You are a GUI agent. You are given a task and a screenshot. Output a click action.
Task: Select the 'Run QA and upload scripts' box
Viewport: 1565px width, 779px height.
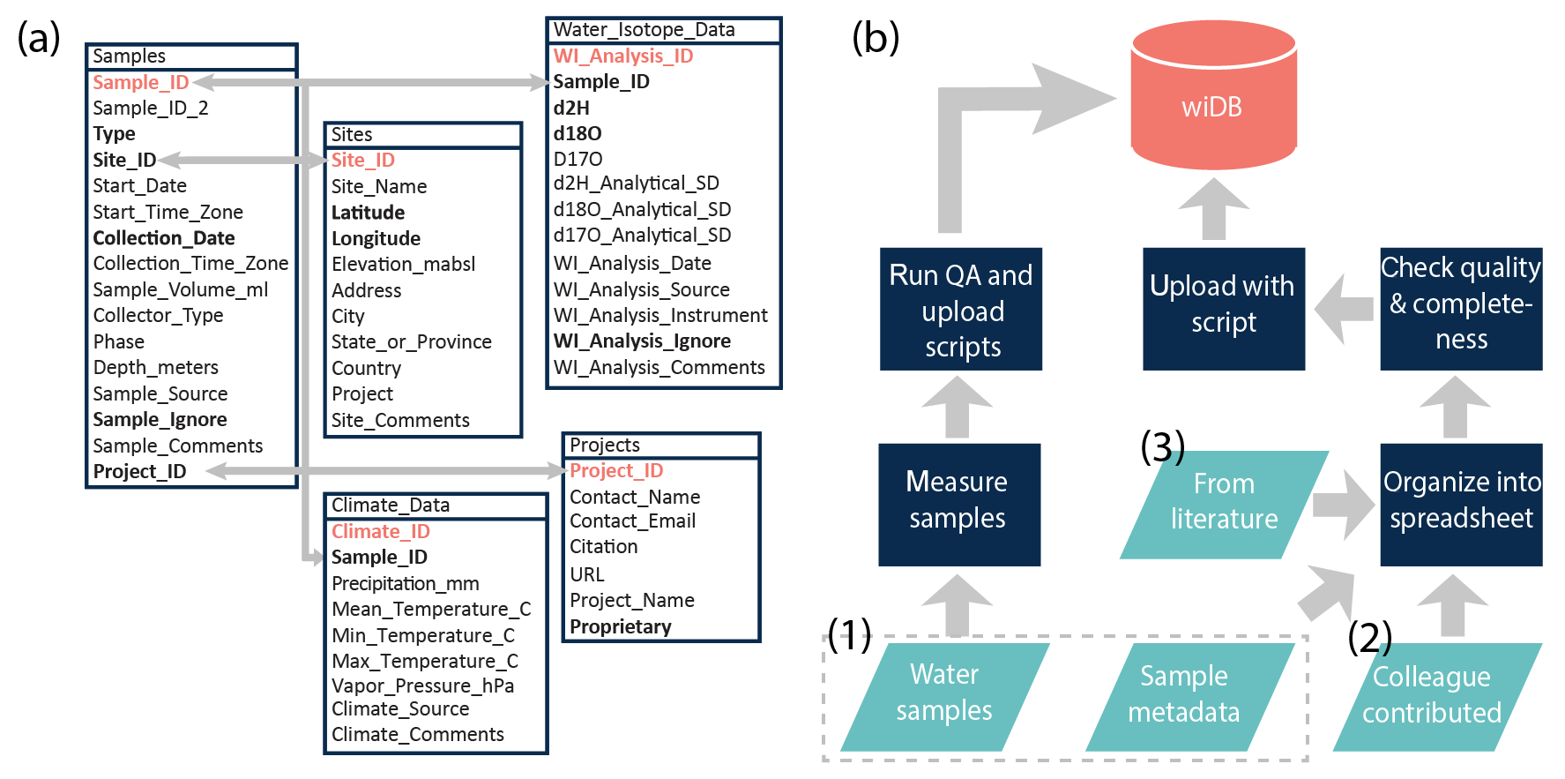pyautogui.click(x=961, y=310)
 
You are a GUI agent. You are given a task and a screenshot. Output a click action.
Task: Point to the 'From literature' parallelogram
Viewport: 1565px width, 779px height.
pyautogui.click(x=1224, y=504)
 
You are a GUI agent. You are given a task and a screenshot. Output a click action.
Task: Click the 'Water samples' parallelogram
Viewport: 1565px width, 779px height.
pyautogui.click(x=944, y=696)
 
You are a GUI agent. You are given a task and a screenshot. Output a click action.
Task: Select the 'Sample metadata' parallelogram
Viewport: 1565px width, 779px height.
pyautogui.click(x=1184, y=696)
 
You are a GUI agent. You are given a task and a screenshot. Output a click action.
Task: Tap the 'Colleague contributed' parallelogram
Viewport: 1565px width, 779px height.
pyautogui.click(x=1432, y=696)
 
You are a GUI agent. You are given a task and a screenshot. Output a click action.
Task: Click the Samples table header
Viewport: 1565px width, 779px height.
pyautogui.click(x=130, y=56)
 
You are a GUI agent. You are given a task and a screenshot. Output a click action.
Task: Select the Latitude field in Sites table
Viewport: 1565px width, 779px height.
pyautogui.click(x=368, y=213)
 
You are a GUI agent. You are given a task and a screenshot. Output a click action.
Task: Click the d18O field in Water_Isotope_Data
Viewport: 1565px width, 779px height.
pyautogui.click(x=578, y=133)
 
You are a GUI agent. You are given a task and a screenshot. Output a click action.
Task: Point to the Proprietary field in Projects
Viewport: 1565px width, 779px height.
pyautogui.click(x=621, y=626)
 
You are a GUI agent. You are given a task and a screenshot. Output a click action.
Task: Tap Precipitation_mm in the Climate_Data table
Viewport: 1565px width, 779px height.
pyautogui.click(x=406, y=584)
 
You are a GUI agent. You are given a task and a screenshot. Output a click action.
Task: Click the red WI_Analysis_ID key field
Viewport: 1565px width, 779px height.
pyautogui.click(x=623, y=56)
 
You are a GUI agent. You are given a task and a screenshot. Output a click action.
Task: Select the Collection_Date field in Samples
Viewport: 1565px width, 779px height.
pyautogui.click(x=164, y=238)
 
